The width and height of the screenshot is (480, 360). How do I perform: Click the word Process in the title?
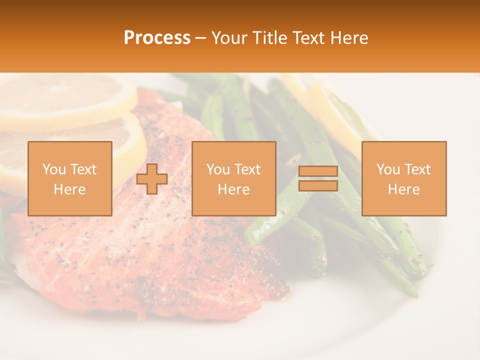coord(157,38)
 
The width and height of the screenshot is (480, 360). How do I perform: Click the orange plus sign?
coord(152,179)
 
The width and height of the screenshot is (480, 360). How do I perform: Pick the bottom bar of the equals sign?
coord(318,185)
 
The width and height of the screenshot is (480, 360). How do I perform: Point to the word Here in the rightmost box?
coord(404,189)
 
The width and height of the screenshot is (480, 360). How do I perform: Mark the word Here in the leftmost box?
coord(70,189)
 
